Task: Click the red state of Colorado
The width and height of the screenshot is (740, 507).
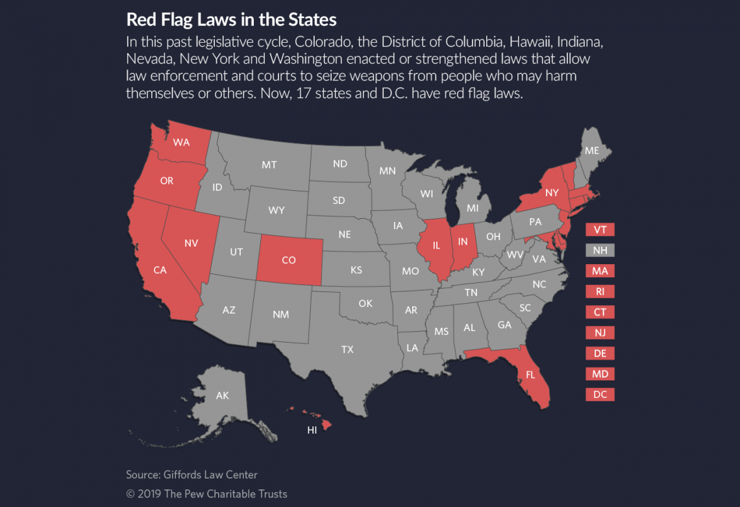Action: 289,260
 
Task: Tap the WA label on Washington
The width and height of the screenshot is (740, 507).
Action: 182,142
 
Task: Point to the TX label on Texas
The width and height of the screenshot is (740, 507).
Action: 347,349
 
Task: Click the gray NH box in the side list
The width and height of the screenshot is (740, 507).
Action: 599,250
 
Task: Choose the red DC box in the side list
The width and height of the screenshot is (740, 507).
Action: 599,394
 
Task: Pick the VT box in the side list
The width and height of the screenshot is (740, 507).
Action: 599,230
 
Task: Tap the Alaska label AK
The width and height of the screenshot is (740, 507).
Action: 222,395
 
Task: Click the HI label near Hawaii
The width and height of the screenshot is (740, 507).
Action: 312,430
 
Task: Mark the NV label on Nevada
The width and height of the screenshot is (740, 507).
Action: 191,243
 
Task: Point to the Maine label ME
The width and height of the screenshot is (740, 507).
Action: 591,150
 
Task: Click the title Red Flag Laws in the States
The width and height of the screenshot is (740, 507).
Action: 231,19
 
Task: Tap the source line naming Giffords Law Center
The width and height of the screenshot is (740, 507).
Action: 191,475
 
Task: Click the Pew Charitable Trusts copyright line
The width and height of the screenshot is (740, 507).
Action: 206,493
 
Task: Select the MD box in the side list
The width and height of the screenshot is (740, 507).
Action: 599,374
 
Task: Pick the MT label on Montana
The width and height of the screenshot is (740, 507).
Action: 269,165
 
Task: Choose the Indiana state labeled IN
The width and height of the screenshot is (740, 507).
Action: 463,241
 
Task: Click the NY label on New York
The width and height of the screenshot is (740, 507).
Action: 552,192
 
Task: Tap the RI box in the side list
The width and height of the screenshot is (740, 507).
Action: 599,291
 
